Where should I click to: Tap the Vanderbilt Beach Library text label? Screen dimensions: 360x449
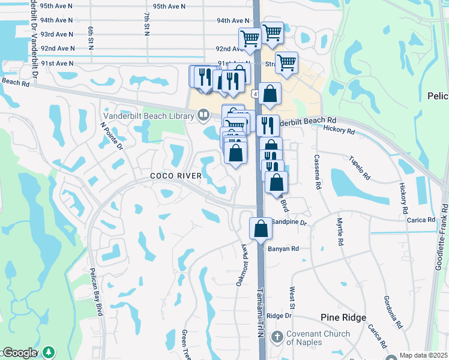click(x=149, y=115)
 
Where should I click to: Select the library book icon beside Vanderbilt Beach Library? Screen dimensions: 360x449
click(x=203, y=115)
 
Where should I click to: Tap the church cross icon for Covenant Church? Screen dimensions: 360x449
click(x=277, y=337)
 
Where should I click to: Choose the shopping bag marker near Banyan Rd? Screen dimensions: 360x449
click(x=261, y=229)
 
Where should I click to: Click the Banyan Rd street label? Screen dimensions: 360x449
click(x=283, y=248)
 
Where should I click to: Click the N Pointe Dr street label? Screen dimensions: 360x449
click(x=112, y=136)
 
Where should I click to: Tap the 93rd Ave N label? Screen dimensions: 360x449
click(x=57, y=35)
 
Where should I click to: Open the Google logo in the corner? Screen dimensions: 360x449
click(x=19, y=353)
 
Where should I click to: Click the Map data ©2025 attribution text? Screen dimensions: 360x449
click(x=423, y=355)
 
